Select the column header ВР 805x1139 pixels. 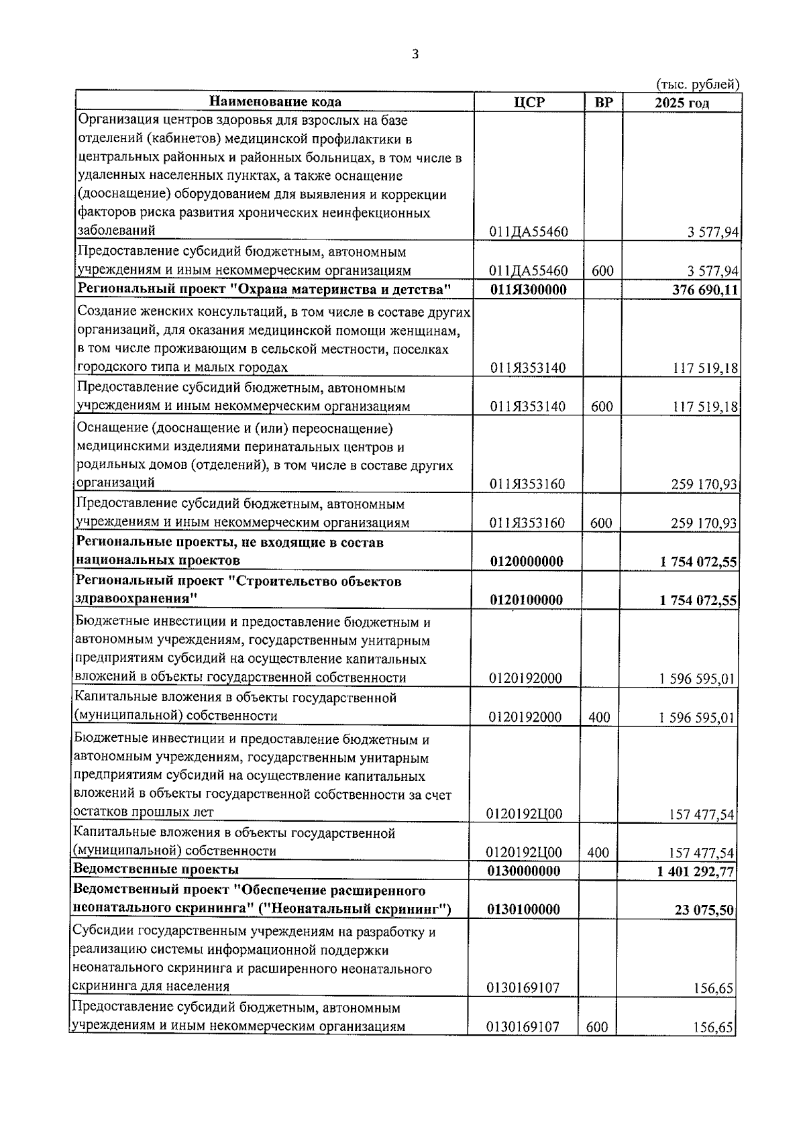603,102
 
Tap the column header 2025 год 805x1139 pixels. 682,103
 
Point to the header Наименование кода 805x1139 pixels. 275,102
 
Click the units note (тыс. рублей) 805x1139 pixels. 697,85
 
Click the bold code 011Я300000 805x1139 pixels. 528,290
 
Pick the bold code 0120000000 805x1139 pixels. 527,561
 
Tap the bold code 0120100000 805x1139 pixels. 527,600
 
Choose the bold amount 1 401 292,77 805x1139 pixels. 696,871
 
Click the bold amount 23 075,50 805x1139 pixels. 704,910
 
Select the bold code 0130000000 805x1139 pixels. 527,871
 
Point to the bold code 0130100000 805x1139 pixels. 527,910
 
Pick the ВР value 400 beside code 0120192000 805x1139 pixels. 599,717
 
